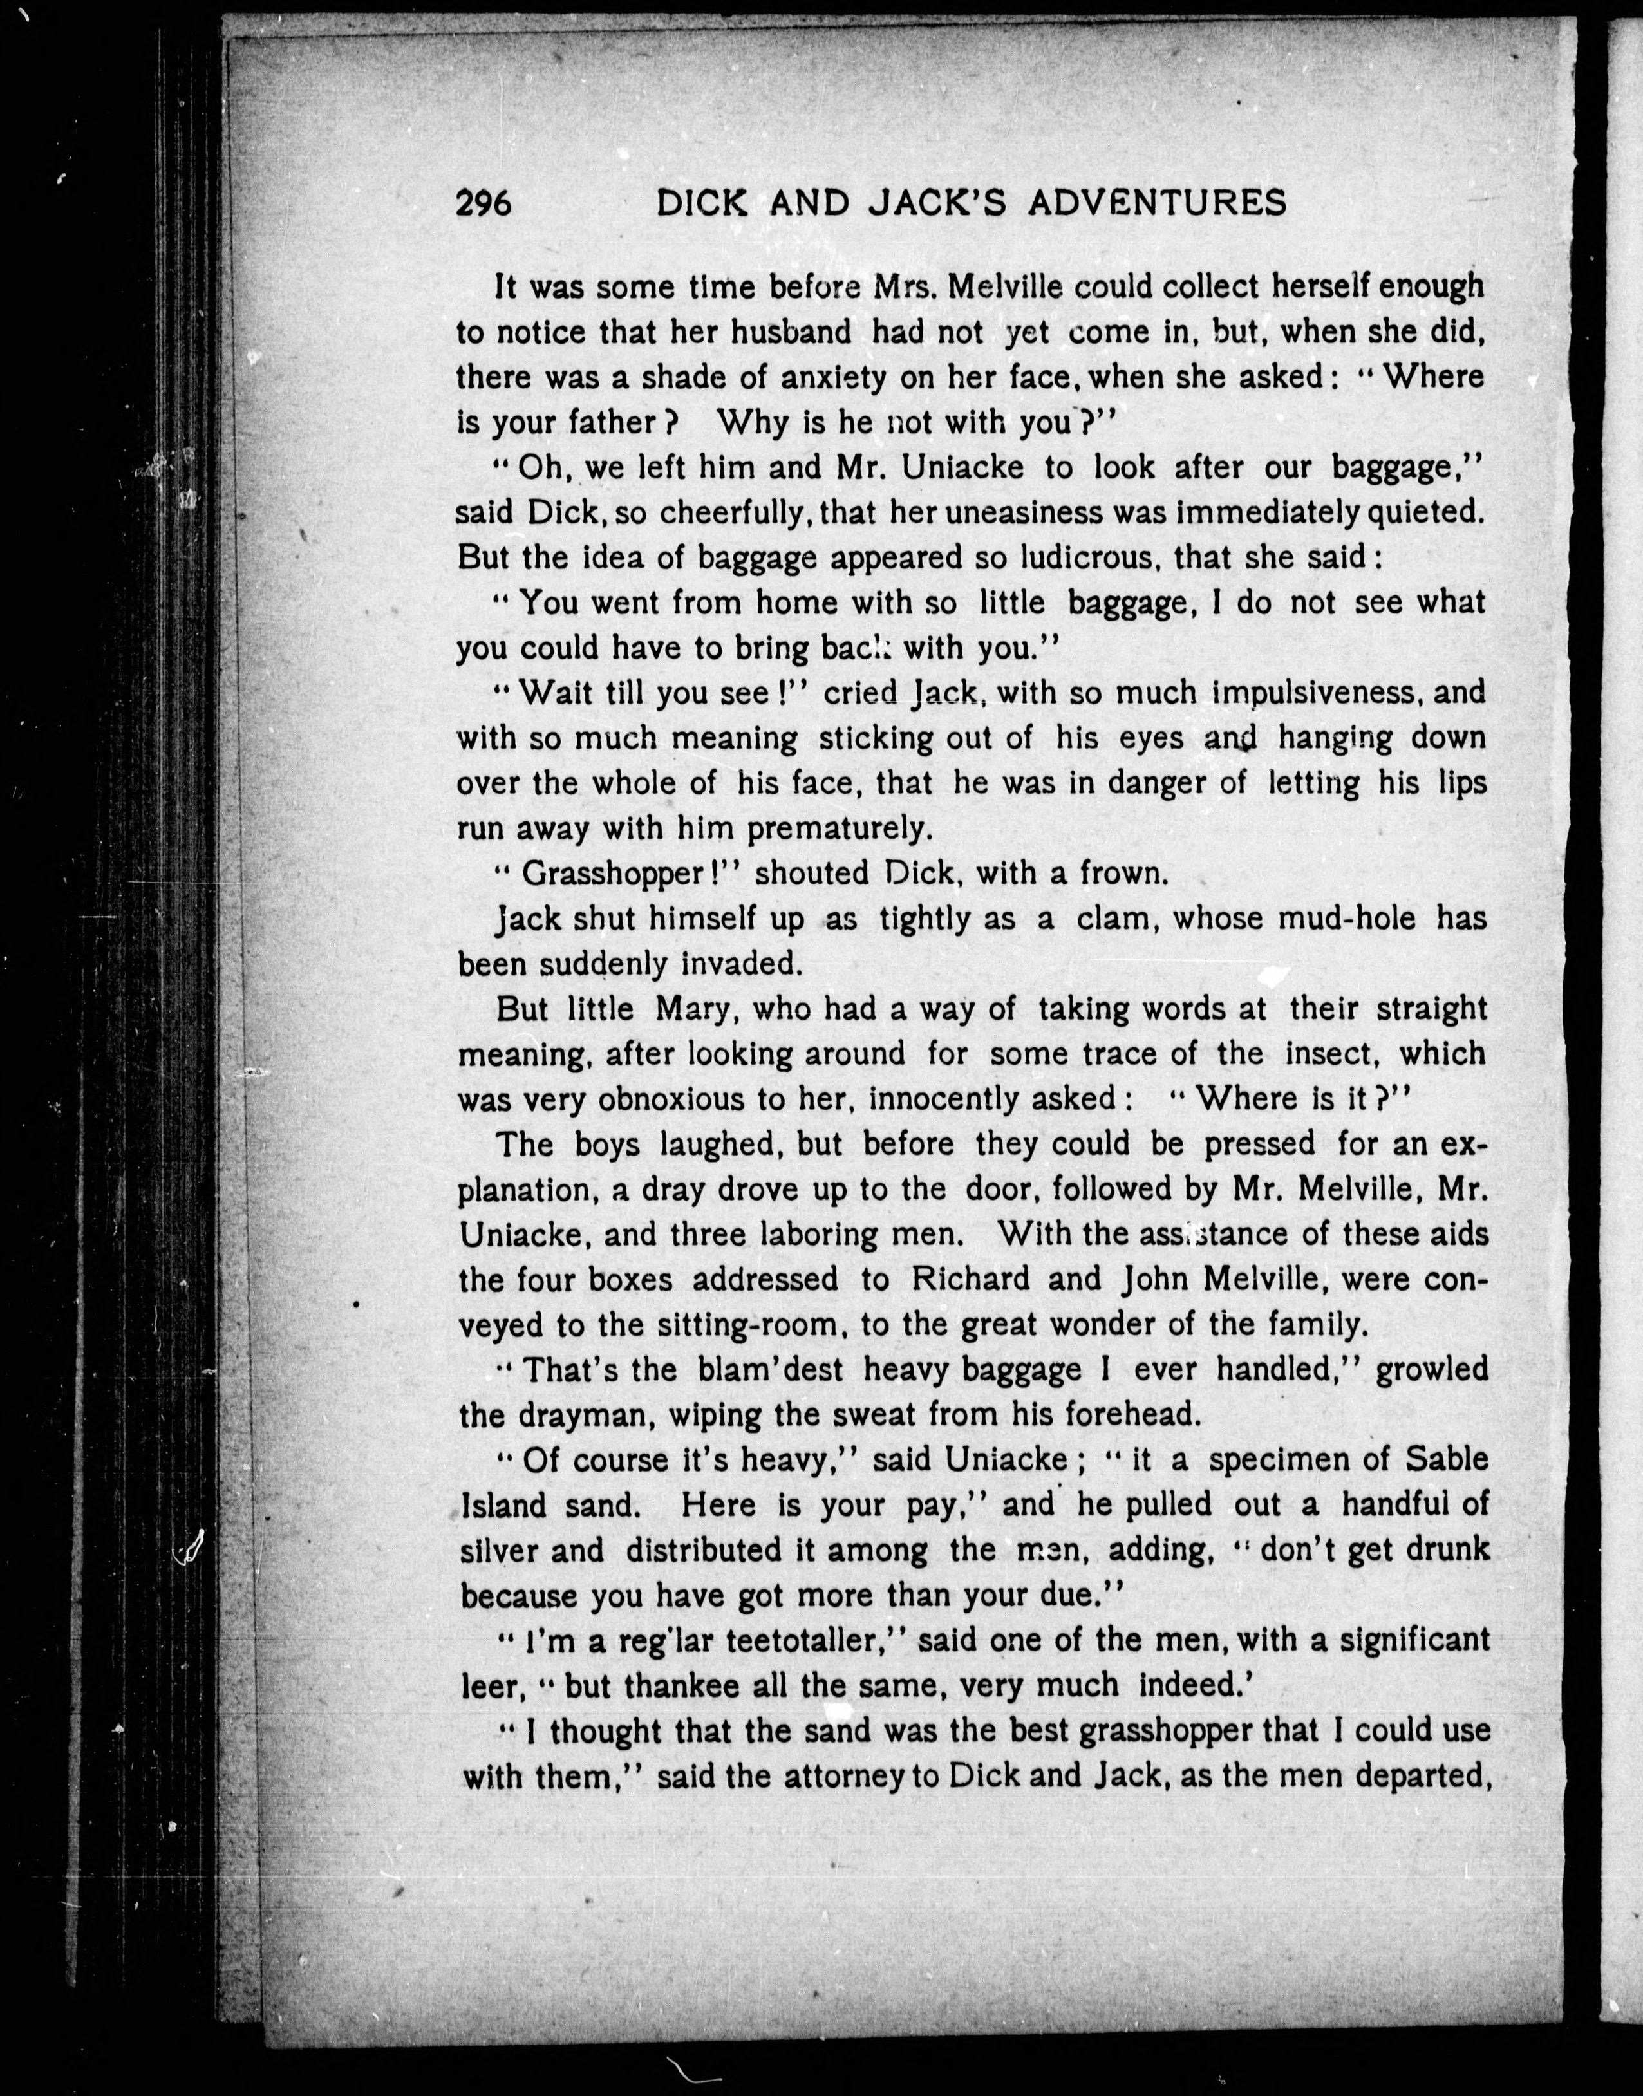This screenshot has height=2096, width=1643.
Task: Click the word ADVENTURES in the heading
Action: (1157, 203)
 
